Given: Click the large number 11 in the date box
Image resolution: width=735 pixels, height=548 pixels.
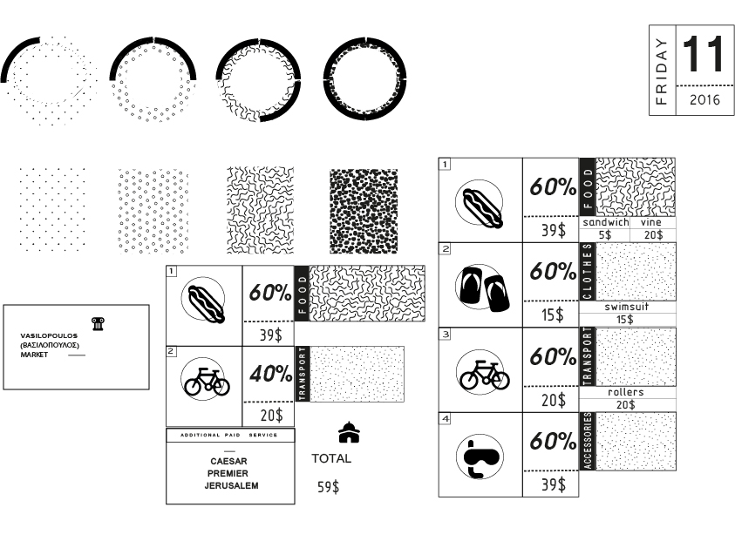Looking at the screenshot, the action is point(702,55).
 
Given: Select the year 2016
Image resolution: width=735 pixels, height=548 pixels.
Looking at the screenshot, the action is point(704,100).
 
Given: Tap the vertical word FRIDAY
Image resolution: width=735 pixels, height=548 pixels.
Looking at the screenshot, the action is point(662,71).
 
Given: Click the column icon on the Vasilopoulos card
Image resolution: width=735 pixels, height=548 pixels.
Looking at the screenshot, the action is point(98,323).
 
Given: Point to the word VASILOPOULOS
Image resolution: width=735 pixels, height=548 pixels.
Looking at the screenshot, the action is point(49,335).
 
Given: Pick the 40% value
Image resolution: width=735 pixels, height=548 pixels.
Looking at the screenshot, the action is point(270,375).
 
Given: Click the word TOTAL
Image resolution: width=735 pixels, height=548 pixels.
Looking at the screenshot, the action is point(331,458).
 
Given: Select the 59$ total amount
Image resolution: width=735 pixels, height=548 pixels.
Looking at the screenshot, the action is point(328,487).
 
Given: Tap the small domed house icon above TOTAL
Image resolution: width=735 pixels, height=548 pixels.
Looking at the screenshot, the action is point(349,432).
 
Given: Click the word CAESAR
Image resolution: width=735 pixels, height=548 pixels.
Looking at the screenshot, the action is point(228,462).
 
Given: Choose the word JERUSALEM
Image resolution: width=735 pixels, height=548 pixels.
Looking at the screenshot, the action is point(231,485).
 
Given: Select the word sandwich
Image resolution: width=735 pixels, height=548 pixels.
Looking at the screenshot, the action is point(606,222).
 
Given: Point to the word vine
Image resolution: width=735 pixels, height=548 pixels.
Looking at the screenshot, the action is point(651,222).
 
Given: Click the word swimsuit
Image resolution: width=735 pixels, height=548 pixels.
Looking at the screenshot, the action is point(627,308).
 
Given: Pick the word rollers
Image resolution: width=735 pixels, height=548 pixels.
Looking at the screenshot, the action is point(626,392).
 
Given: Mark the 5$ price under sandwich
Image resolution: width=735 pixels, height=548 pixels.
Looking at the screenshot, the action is point(605,234).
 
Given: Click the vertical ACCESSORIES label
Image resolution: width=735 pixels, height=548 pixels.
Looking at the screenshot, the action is point(588,441).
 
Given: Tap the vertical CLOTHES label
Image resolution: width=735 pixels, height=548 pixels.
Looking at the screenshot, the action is point(588,272).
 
